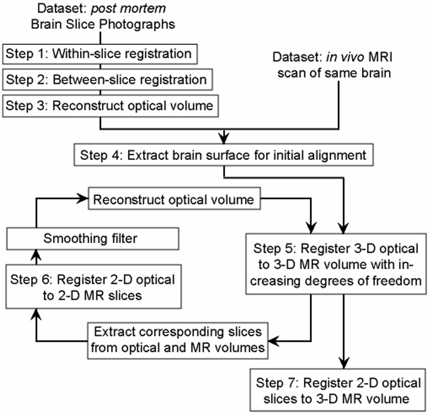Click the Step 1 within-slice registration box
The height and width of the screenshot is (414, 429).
point(99,53)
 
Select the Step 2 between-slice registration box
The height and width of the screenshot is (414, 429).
point(106,80)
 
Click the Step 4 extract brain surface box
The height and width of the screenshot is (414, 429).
point(224,155)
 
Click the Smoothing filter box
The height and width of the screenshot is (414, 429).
point(92,238)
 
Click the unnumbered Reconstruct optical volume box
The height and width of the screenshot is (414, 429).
point(174,200)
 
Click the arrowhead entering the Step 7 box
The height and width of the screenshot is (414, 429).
point(345,364)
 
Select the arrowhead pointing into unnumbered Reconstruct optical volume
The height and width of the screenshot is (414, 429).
point(82,200)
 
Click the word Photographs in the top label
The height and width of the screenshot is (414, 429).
point(144,24)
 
